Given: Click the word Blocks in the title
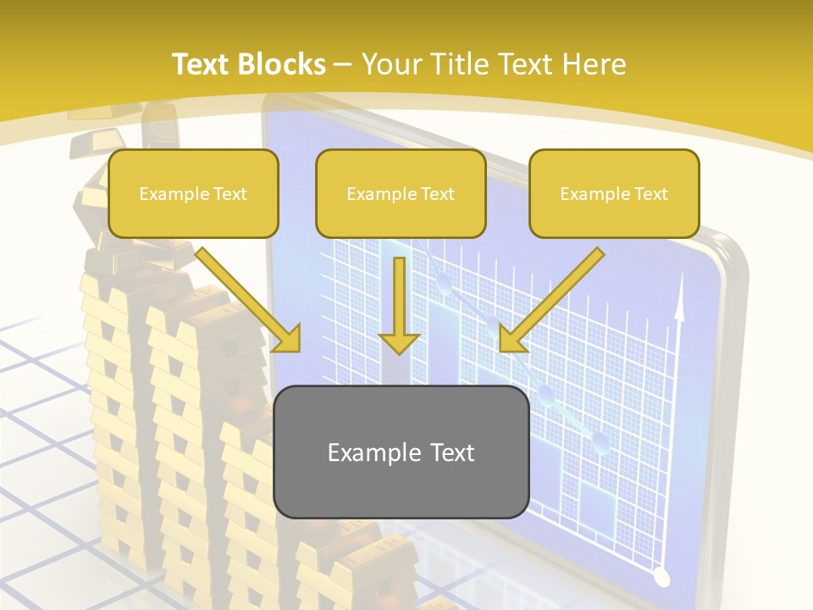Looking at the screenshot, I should [284, 64].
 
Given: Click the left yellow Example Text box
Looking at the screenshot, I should [193, 193].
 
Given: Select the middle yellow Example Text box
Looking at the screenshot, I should [401, 193].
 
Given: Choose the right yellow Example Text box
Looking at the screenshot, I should [614, 193].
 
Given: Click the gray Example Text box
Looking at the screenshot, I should [401, 452].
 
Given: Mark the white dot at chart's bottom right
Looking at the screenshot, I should [662, 578].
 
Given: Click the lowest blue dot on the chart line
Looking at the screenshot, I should [600, 441].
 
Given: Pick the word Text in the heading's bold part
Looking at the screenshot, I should [202, 64].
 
